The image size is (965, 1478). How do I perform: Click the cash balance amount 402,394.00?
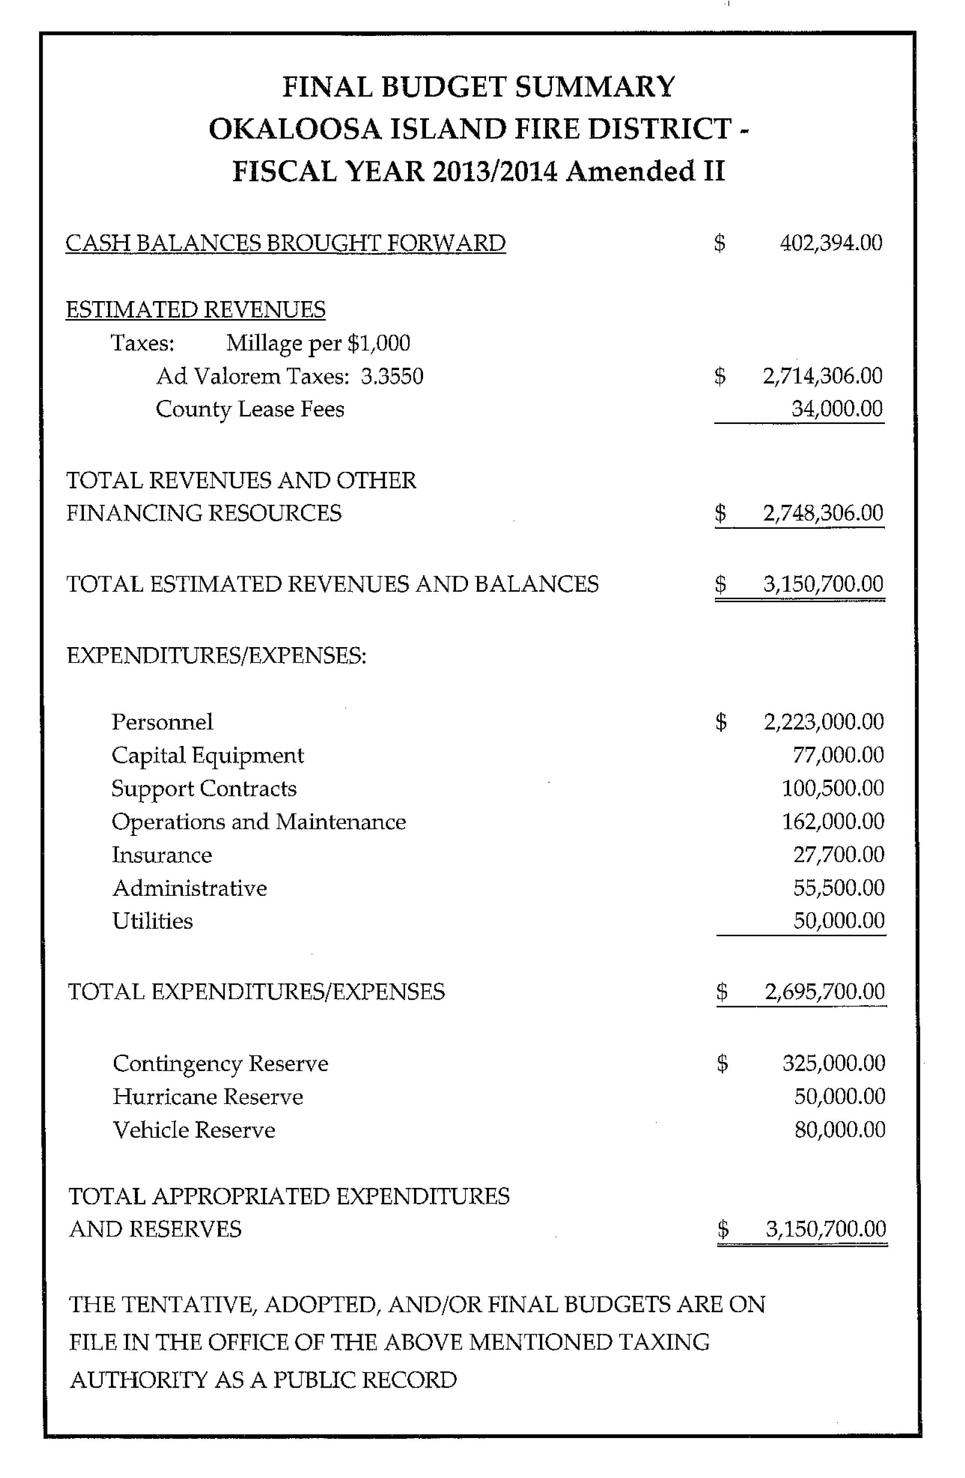pos(831,243)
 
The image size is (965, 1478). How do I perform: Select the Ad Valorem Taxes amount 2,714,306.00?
pos(823,375)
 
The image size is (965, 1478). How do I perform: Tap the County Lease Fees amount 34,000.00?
pos(837,408)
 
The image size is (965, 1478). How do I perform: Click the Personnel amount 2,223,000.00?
pos(824,722)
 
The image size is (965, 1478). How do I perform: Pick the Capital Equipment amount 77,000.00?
pos(838,755)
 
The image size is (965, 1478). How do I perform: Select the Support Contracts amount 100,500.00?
pos(833,788)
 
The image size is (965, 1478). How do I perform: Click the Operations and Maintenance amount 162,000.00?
pos(833,821)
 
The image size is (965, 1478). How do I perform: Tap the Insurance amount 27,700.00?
pos(839,854)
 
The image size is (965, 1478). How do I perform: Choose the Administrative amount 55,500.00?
pos(839,888)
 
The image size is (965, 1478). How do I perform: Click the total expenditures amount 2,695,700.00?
pos(825,992)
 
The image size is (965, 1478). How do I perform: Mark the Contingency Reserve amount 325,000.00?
pos(834,1063)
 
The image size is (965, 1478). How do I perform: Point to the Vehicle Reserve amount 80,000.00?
pos(840,1129)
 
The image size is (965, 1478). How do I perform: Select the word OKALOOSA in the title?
pos(295,129)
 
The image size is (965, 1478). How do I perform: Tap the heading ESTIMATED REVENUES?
pos(196,309)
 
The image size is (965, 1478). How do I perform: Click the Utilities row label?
pos(153,921)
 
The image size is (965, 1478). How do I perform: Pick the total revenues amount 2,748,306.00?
pos(823,513)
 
